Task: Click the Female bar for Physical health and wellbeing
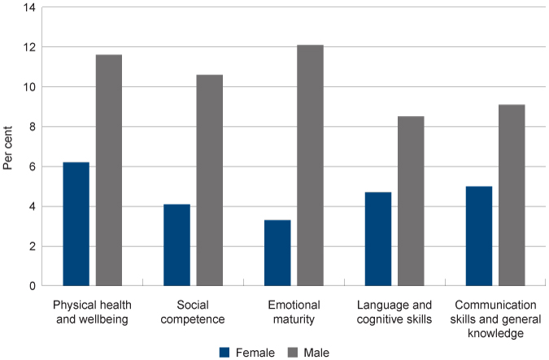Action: click(76, 224)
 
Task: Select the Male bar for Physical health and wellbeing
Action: click(109, 171)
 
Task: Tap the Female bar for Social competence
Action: click(176, 245)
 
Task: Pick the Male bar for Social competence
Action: click(209, 180)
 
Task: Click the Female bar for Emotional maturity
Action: click(277, 253)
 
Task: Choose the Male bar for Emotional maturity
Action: click(310, 166)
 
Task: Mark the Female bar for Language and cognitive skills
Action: click(377, 239)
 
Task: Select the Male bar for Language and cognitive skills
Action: click(411, 202)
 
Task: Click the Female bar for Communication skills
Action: click(478, 236)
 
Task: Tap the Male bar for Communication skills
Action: click(512, 195)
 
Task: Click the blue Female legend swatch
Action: click(225, 353)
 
